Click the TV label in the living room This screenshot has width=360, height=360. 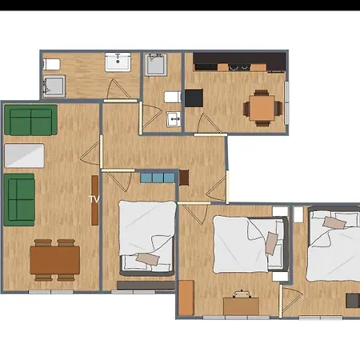point(94,198)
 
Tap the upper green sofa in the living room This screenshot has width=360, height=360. point(30,120)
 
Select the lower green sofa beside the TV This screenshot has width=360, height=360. point(19,198)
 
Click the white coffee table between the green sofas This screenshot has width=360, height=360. point(25,155)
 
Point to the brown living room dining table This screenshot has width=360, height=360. point(55,259)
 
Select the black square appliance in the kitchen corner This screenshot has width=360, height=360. point(194,98)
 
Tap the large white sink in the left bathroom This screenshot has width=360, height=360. point(119,62)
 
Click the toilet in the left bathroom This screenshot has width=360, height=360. point(50,63)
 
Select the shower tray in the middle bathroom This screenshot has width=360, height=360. point(156,65)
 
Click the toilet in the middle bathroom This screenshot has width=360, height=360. point(172,97)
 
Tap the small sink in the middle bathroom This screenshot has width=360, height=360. point(174,120)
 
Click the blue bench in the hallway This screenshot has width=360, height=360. point(156,178)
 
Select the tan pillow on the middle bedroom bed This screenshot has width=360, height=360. point(272,242)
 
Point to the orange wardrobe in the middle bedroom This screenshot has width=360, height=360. point(186,298)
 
